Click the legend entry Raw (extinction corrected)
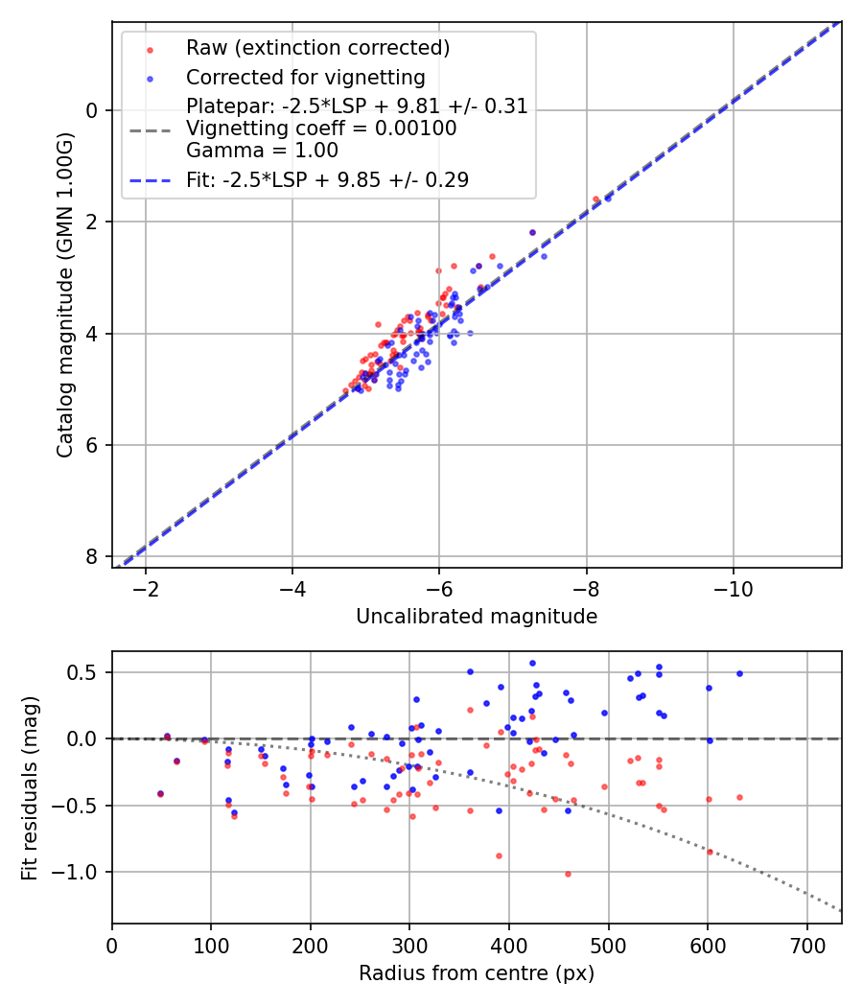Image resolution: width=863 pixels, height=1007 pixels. pos(317,48)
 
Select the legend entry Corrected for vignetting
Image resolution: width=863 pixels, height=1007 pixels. pos(305,77)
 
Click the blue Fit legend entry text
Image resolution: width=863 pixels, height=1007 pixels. pos(327,179)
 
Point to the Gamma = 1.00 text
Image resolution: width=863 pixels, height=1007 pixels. pos(262,150)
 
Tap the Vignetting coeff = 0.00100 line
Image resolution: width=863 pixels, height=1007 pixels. pos(321,128)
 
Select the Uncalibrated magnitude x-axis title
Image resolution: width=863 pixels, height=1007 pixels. pos(477,617)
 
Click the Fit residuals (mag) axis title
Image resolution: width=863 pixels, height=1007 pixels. pos(30,786)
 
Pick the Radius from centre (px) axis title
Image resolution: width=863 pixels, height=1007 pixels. pos(477,973)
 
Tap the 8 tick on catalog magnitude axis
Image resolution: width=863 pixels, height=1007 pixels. pos(91,557)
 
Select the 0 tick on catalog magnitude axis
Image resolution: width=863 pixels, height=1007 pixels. pos(91,110)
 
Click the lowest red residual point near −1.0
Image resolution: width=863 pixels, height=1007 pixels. pos(568,874)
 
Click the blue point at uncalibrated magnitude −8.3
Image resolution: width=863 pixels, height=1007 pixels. pos(608,198)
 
